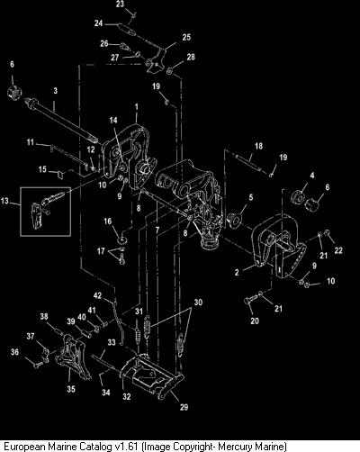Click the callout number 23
tap(120, 4)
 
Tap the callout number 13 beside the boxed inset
tap(5, 200)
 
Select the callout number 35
tap(71, 389)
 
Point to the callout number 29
tap(184, 407)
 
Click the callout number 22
tap(338, 250)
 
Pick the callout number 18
tap(258, 146)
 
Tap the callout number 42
tap(98, 295)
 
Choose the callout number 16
tap(108, 221)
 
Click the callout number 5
tap(251, 197)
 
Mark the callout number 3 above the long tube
tap(56, 91)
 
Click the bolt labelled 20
tap(251, 300)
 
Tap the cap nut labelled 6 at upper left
tap(14, 91)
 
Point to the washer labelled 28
tap(169, 71)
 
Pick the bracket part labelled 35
tap(72, 357)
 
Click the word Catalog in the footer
tap(96, 447)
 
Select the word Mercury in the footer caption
tap(234, 447)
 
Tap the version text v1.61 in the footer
tap(127, 447)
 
